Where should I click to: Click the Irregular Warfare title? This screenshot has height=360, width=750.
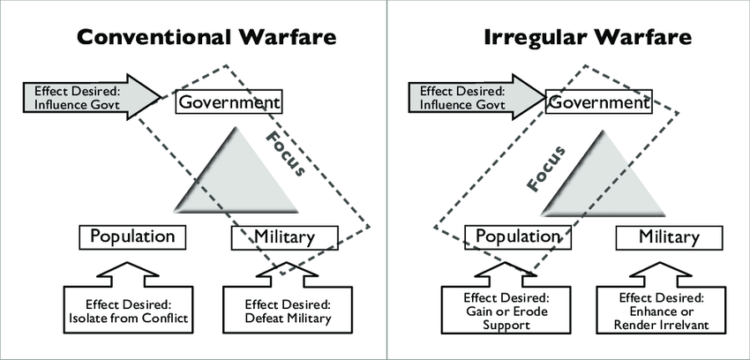pos(587,38)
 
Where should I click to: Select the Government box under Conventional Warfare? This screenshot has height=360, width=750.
pos(229,102)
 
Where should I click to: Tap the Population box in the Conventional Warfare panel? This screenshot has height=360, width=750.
pos(133,236)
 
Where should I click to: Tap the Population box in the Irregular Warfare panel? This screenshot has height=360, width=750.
pos(518,236)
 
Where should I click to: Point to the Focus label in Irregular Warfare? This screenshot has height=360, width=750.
pos(545,167)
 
